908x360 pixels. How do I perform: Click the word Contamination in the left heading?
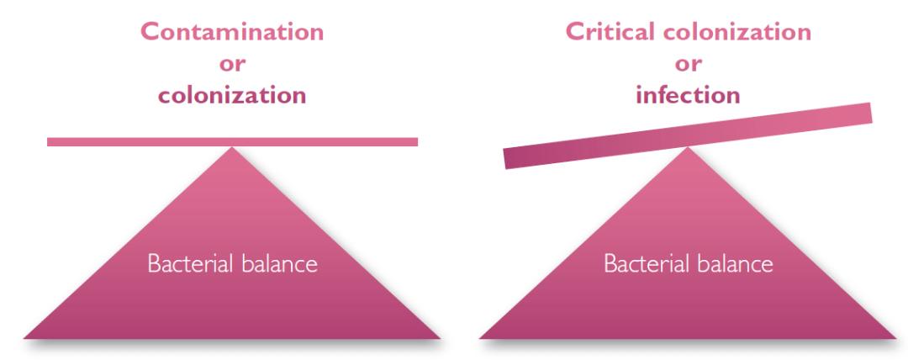pos(232,32)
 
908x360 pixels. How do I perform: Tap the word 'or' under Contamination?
pos(232,64)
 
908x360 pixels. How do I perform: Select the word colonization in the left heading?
pos(232,95)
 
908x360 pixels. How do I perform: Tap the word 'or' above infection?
pos(688,64)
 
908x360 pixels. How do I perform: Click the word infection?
pos(688,95)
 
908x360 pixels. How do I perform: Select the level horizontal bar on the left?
pos(232,142)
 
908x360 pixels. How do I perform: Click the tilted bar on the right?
pos(688,135)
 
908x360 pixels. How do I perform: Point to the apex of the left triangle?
pos(232,147)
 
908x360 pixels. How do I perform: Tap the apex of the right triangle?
pos(688,147)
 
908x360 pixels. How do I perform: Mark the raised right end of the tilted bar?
pos(871,113)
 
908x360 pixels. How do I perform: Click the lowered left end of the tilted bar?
pos(505,159)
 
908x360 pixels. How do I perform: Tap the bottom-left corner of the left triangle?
pos(24,338)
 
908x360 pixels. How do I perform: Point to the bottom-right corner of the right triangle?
pos(896,338)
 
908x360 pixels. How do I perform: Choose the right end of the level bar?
pos(418,142)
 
